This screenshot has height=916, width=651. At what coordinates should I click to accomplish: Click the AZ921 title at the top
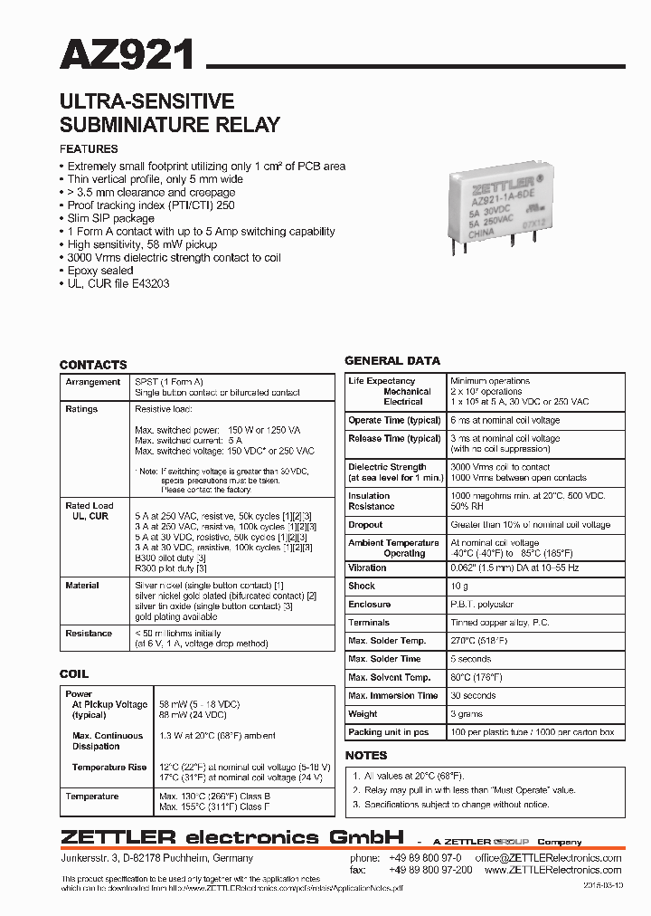pos(127,55)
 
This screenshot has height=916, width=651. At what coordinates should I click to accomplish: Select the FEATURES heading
pos(89,149)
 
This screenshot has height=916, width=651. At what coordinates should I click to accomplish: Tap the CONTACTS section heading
pos(93,365)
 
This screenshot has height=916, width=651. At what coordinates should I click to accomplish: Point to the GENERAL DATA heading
pos(392,360)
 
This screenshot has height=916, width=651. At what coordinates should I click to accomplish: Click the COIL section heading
pos(74,674)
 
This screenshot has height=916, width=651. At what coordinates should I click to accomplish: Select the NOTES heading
pos(366,755)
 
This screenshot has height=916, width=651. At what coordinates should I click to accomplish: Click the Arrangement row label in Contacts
pos(92,382)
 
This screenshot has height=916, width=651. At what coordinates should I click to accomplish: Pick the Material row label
pos(82,586)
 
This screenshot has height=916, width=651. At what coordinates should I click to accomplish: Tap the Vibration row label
pos(367,568)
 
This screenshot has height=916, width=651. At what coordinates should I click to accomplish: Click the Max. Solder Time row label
pos(384,659)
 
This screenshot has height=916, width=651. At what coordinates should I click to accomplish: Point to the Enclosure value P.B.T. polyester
pos(482,605)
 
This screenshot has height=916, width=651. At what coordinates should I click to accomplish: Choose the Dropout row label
pos(365,525)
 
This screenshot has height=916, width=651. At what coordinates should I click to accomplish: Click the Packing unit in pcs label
pos(389,732)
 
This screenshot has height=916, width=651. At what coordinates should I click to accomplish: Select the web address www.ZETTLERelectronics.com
pos(552,870)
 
